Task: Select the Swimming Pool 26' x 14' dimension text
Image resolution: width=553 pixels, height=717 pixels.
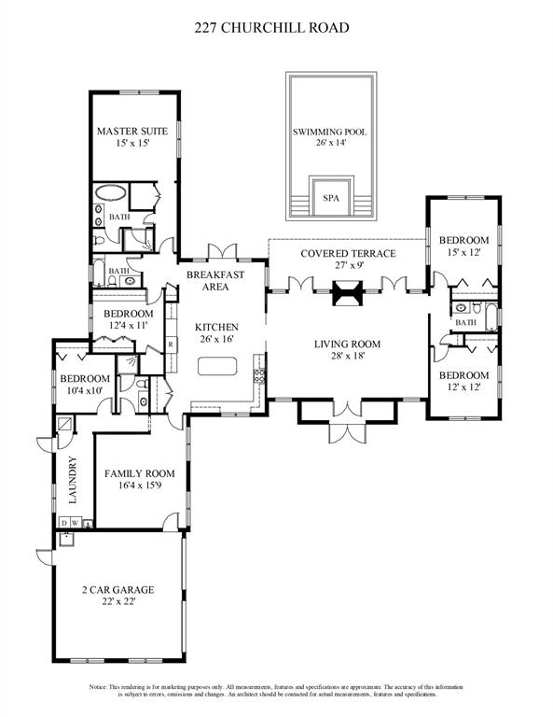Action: [x=329, y=145]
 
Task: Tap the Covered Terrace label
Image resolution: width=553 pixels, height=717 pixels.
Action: [x=348, y=254]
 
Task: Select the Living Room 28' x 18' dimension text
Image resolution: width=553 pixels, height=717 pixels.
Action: [x=348, y=356]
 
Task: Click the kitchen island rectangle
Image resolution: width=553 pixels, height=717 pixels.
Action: [x=215, y=367]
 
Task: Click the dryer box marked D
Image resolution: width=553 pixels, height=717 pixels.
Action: [x=62, y=523]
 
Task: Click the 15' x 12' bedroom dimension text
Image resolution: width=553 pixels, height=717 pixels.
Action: [x=463, y=252]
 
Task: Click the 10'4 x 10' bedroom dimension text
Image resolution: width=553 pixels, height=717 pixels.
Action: [x=85, y=390]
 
